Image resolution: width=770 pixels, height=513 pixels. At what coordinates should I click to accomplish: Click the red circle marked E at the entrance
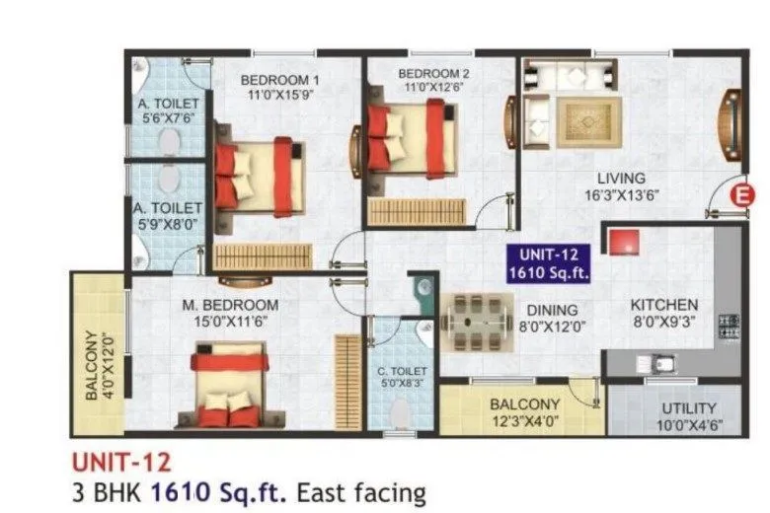pos(735,195)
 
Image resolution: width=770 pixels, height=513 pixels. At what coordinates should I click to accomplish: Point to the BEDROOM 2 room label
pos(432,73)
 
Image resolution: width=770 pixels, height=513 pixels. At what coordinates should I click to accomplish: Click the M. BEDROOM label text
pos(229,305)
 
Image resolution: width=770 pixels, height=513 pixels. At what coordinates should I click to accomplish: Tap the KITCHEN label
pos(664,305)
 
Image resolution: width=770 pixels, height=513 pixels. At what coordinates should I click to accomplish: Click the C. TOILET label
pos(400,372)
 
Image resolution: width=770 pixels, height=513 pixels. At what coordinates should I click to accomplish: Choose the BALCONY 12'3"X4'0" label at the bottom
pos(524,404)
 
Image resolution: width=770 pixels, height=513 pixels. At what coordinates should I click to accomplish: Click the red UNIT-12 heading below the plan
pos(120,461)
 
